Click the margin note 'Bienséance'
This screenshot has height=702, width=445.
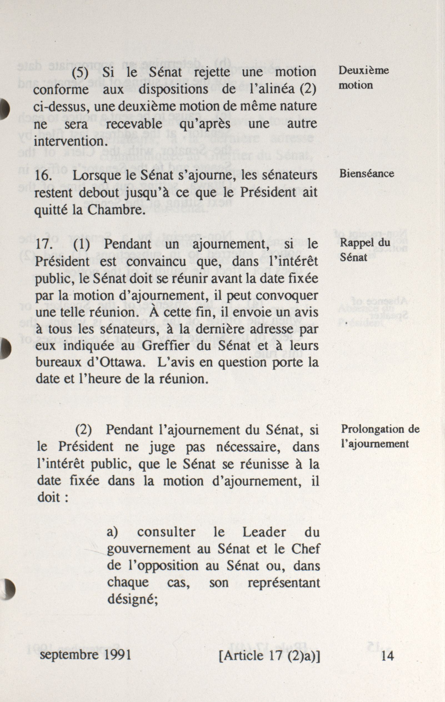[x=366, y=174]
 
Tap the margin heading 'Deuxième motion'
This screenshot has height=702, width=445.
[x=363, y=78]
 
